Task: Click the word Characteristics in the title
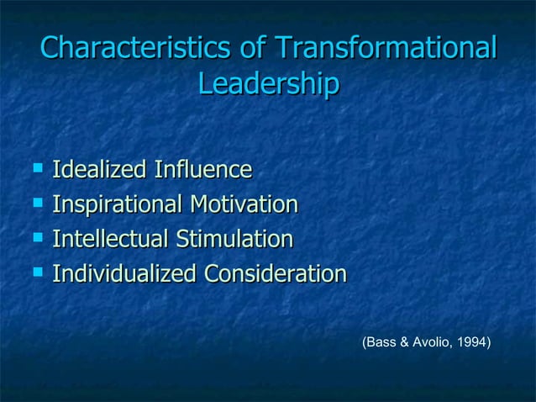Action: point(136,48)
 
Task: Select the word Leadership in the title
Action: point(268,85)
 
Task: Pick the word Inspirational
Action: point(116,205)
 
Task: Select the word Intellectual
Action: point(109,240)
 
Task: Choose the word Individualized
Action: point(123,274)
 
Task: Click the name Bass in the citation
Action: point(380,343)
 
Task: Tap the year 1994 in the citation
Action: point(473,343)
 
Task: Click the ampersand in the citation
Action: point(403,343)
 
